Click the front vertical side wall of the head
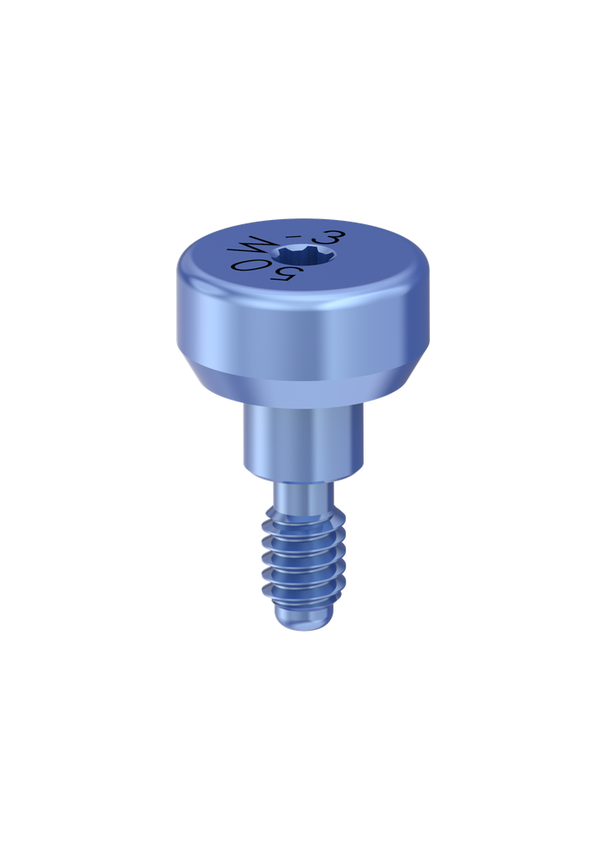(303, 336)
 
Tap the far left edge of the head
(178, 311)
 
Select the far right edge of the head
(429, 311)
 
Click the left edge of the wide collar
(244, 437)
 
